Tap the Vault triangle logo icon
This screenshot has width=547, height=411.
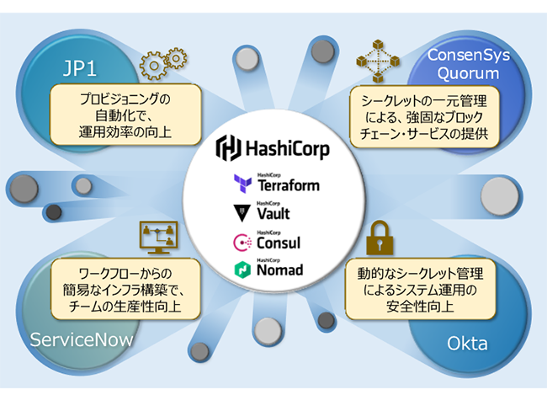point(241,212)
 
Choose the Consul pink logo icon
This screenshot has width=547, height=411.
point(241,242)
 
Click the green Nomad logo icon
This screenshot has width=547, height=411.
point(241,270)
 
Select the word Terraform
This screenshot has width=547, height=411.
point(287,186)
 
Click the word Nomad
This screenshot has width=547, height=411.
point(280,271)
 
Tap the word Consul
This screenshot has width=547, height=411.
point(279,243)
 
